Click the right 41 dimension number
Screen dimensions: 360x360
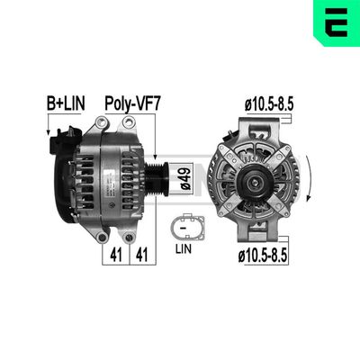pos(140,255)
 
